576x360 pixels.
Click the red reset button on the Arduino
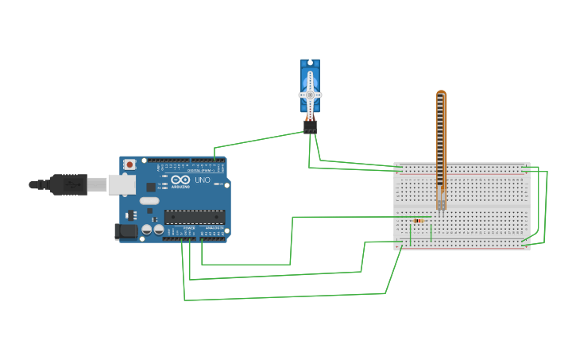[x=130, y=165]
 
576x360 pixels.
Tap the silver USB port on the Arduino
[x=122, y=184]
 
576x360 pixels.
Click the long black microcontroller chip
[x=195, y=217]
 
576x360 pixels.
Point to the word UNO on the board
[x=203, y=180]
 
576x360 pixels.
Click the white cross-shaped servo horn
[x=310, y=95]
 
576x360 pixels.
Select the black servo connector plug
[x=310, y=126]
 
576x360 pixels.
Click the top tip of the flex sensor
[x=441, y=94]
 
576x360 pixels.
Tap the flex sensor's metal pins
[x=441, y=203]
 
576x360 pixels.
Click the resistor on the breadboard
[x=419, y=220]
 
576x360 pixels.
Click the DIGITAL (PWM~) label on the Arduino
[x=199, y=170]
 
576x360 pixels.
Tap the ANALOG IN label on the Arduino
[x=215, y=228]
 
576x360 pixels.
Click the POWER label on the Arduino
[x=189, y=228]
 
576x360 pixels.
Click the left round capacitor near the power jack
[x=147, y=230]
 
